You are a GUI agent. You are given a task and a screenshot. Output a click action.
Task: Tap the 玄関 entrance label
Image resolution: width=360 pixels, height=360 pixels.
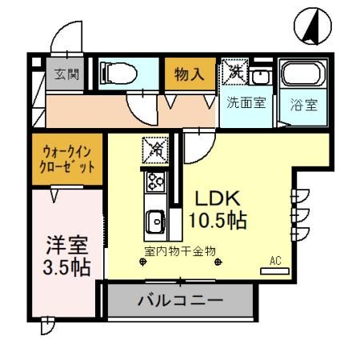tap(66, 75)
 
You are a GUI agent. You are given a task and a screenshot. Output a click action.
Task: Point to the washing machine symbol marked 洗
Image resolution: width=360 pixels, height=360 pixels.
tap(235, 72)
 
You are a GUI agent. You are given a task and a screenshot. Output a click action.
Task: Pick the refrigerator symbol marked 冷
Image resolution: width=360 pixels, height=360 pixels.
tap(155, 149)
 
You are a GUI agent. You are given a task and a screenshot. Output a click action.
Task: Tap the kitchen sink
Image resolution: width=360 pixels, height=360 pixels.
tap(154, 218)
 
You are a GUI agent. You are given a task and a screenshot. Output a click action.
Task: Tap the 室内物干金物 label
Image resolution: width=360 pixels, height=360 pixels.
tap(180, 251)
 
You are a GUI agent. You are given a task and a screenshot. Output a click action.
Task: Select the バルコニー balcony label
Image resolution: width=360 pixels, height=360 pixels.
tap(180, 302)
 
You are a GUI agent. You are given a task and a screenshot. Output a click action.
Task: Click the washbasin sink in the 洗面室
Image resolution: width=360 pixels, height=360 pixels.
tap(260, 77)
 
